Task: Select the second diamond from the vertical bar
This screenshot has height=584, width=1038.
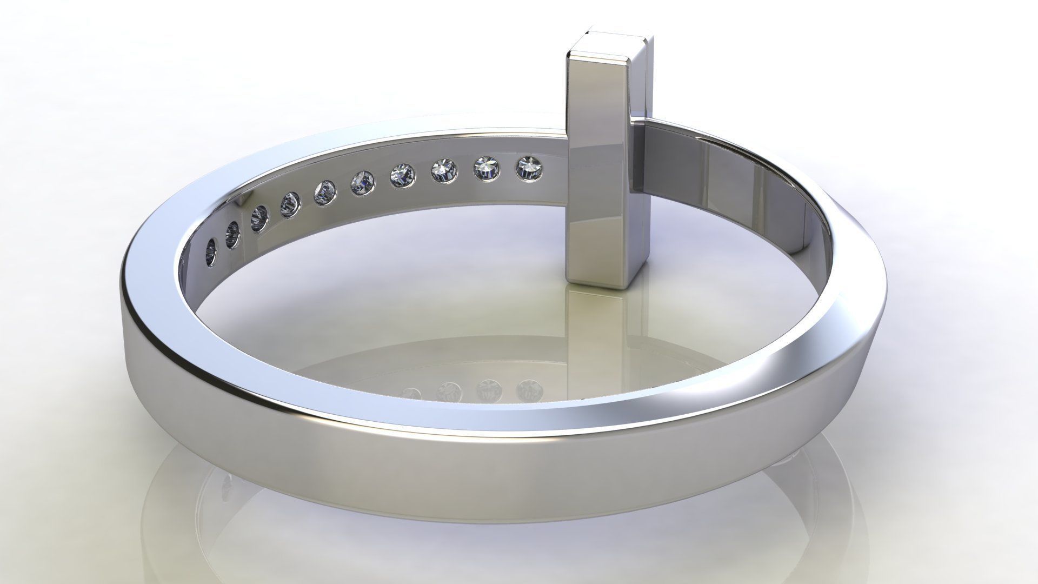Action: point(487,170)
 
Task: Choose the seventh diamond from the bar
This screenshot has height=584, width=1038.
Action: point(291,205)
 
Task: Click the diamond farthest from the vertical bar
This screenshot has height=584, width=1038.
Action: point(211,253)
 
